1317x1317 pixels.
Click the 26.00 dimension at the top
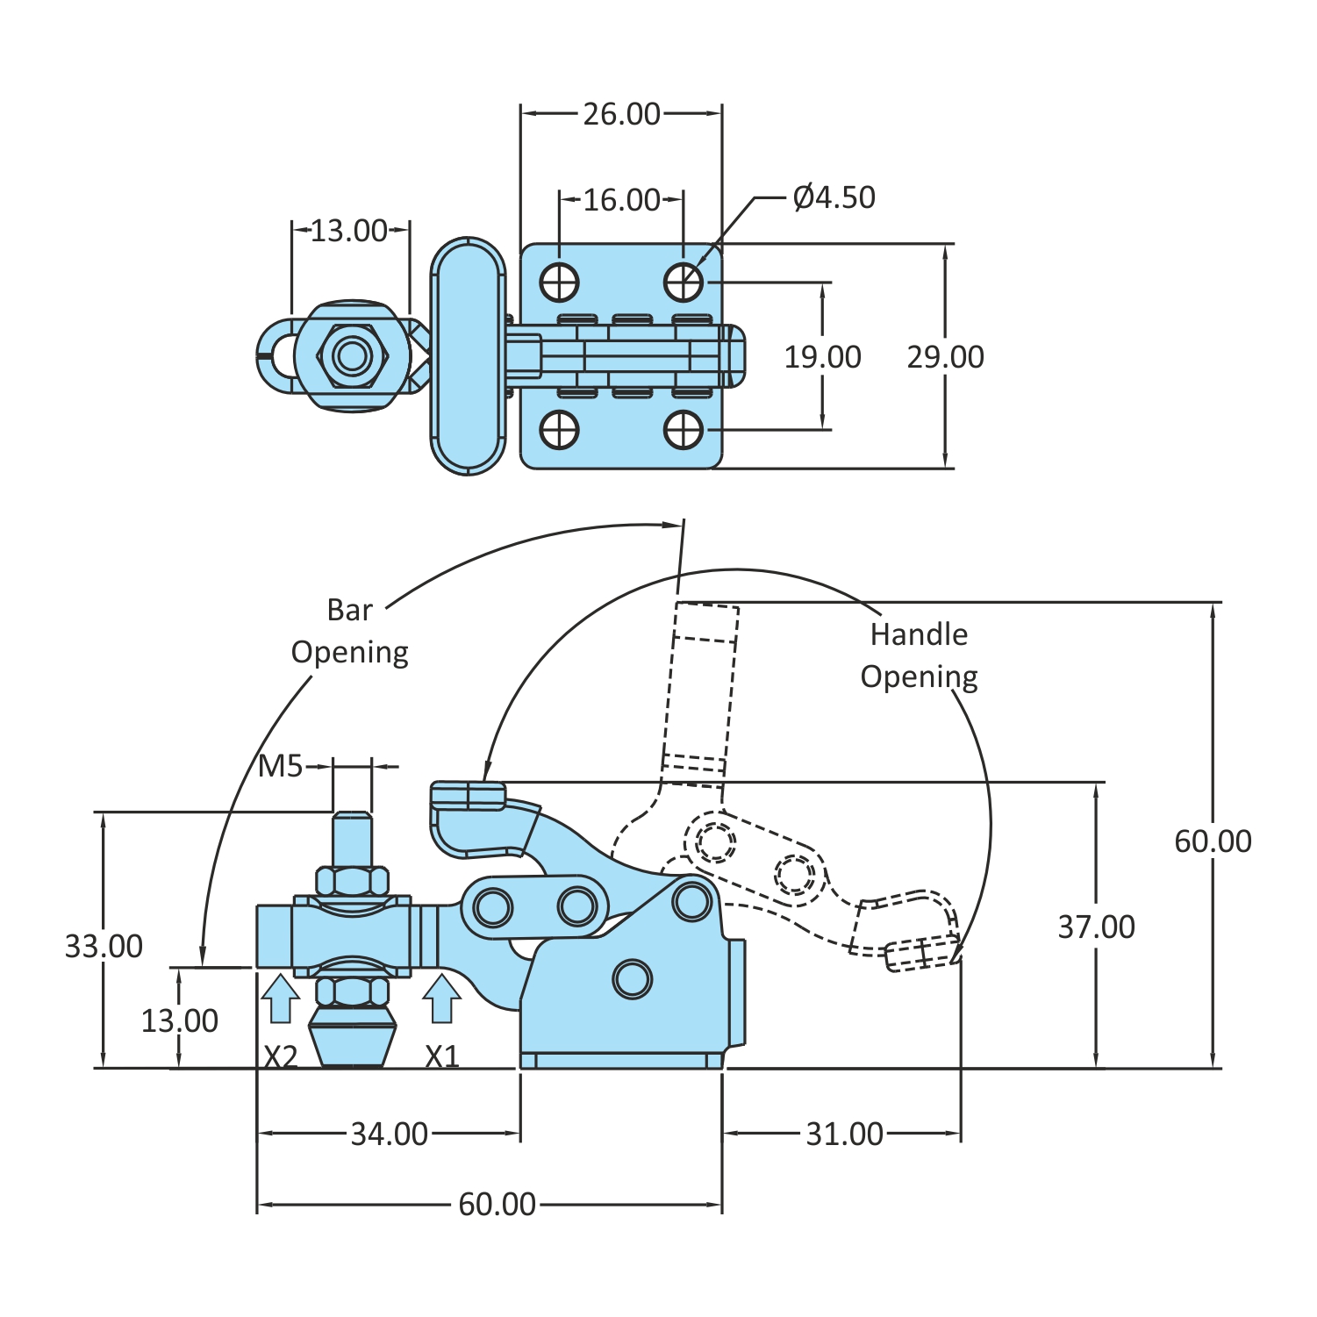621,114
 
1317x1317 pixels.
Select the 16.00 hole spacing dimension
621,200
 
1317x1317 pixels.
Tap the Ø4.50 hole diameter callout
834,197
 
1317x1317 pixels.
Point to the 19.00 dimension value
822,357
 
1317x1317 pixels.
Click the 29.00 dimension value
945,357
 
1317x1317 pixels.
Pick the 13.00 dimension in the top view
349,231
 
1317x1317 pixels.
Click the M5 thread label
280,767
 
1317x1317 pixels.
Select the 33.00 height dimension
104,947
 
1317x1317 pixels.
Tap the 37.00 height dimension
1096,927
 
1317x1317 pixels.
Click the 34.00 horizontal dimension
389,1134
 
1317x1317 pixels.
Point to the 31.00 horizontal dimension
844,1134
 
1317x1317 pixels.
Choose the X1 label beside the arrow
442,1057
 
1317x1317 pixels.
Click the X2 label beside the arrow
281,1057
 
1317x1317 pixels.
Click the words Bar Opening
350,632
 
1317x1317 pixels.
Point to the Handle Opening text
919,655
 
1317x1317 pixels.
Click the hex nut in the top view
353,356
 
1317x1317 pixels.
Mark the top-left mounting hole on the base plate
560,283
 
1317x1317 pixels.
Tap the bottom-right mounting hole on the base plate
684,430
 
